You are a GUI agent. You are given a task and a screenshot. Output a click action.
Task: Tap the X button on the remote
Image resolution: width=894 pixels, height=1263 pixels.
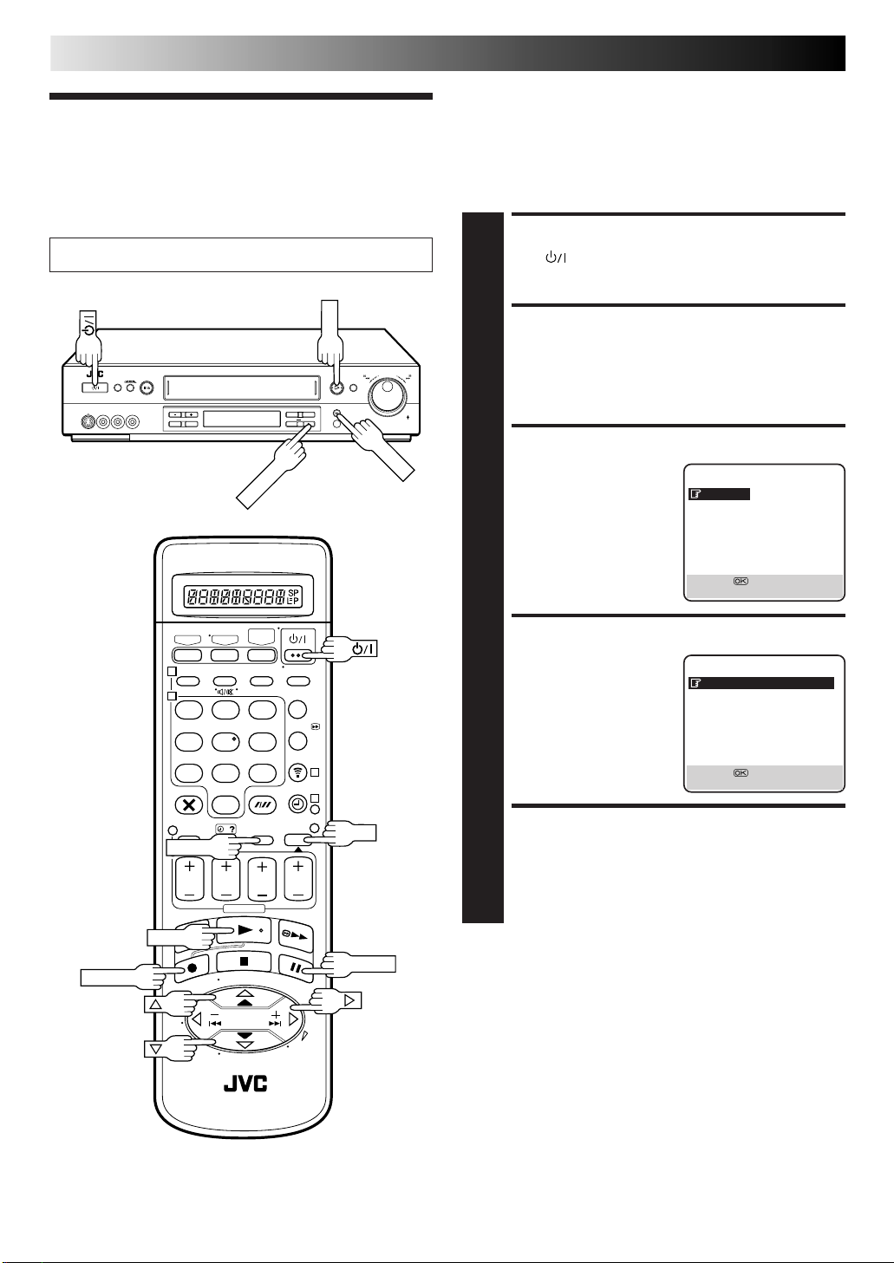188,804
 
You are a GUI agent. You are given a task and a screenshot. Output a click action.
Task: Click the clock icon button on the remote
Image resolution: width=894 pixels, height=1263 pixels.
297,804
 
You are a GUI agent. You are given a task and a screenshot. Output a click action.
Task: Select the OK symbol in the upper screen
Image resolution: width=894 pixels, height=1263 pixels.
741,582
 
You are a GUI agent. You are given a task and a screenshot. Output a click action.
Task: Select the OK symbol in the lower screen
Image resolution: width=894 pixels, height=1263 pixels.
741,773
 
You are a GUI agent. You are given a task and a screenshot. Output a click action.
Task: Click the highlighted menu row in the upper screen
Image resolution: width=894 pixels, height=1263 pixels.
719,494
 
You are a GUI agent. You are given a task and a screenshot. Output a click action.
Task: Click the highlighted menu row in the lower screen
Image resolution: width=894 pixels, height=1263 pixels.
760,683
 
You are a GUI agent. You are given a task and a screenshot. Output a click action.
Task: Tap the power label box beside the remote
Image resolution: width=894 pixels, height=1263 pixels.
361,648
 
